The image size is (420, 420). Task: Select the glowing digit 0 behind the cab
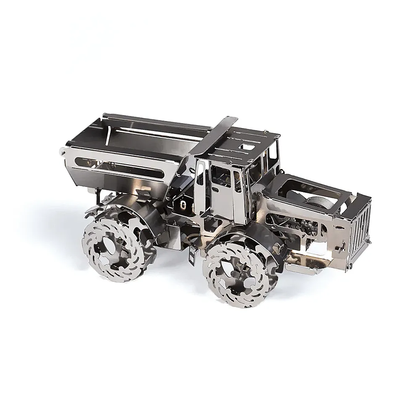click(x=184, y=205)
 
